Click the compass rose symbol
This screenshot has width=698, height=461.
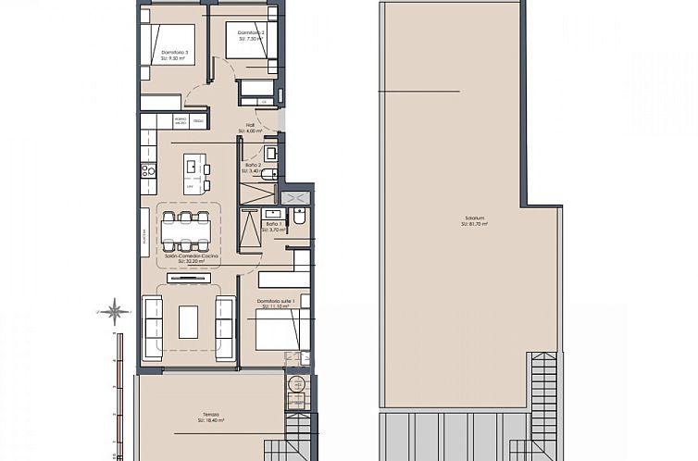pyautogui.click(x=115, y=311)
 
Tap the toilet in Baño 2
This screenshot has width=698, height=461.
pyautogui.click(x=268, y=174)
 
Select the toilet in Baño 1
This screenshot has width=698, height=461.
pyautogui.click(x=299, y=218)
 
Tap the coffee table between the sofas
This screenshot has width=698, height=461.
pyautogui.click(x=189, y=321)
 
